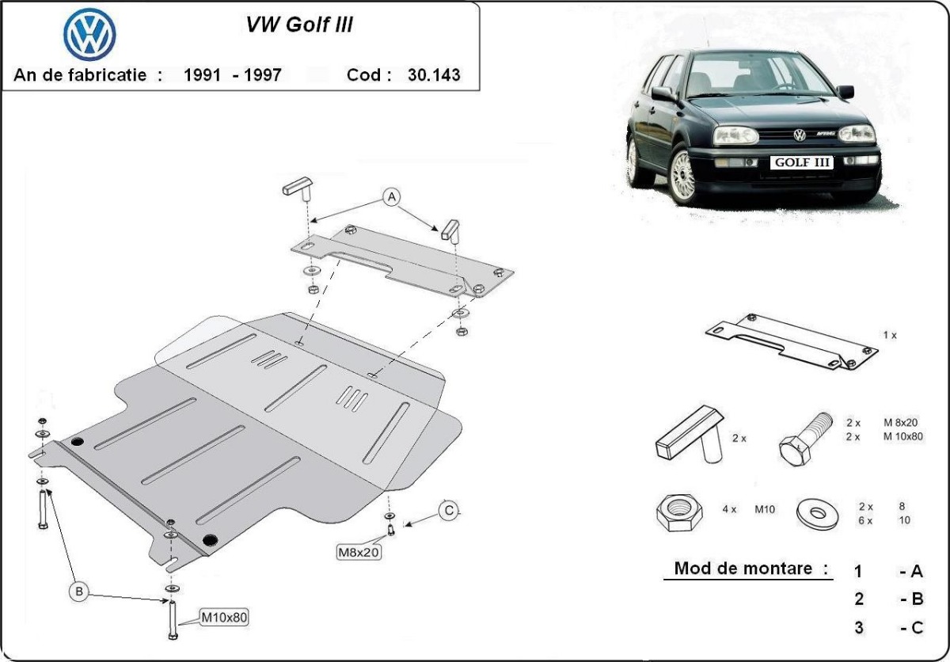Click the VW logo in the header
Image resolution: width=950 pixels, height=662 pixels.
[x=89, y=35]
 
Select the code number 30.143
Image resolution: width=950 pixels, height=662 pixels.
[x=433, y=75]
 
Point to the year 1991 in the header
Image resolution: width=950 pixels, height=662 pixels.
[x=201, y=75]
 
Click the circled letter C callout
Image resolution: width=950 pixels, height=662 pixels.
[x=449, y=511]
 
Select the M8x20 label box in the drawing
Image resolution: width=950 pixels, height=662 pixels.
[x=358, y=552]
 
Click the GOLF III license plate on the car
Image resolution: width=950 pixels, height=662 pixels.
[x=802, y=162]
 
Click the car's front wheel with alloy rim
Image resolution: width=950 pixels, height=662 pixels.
[x=683, y=176]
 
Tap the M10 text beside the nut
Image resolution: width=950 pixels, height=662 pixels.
[x=764, y=509]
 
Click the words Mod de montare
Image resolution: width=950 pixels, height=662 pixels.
[x=750, y=568]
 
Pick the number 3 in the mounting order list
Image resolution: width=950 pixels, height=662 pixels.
[x=859, y=628]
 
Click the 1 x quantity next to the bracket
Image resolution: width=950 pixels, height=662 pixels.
[x=890, y=335]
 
